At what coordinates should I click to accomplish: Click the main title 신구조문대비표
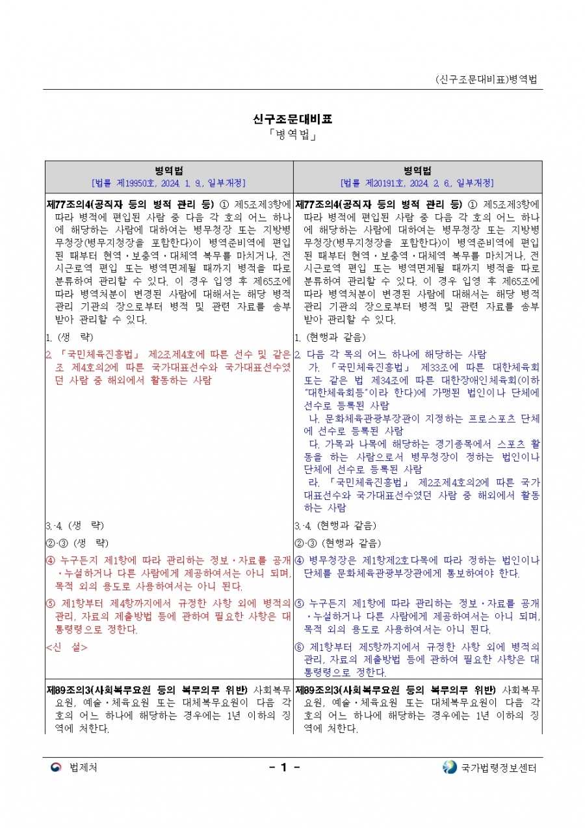292,119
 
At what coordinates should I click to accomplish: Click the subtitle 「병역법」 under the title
292,136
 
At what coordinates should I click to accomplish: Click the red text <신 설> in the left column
66,647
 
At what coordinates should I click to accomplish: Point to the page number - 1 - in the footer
284,767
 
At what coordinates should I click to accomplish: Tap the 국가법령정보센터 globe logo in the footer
450,767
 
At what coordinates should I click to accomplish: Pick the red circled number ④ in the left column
50,560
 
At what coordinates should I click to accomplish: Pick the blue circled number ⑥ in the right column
299,647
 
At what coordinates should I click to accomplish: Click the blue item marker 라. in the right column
315,482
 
